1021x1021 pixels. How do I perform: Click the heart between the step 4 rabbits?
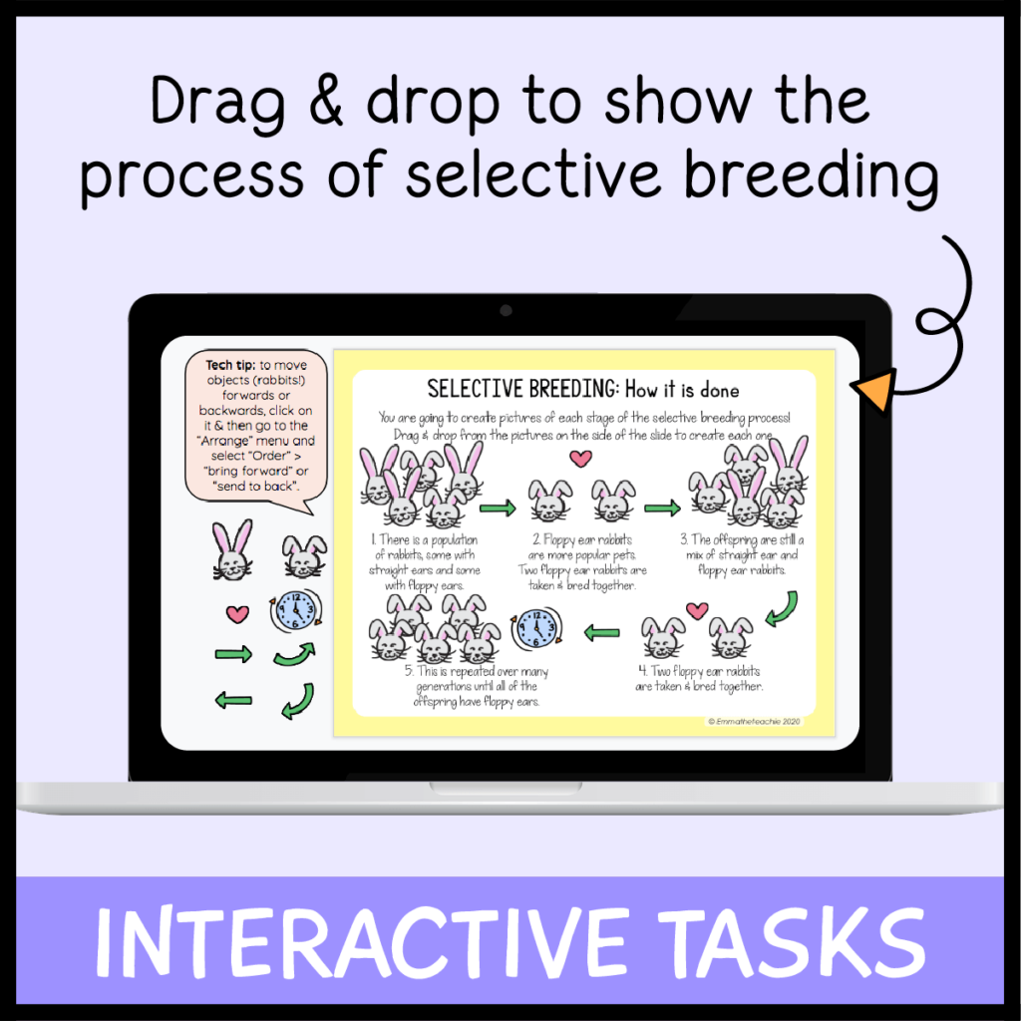pos(697,609)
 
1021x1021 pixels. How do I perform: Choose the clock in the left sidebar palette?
pos(295,611)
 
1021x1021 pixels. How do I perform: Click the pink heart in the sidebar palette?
pos(236,613)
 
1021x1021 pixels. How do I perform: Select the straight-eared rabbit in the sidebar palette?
pos(232,550)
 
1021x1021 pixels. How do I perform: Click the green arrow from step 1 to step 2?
pos(498,509)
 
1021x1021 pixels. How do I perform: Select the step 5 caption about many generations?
pos(476,686)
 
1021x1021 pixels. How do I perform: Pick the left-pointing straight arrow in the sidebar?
pos(233,702)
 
